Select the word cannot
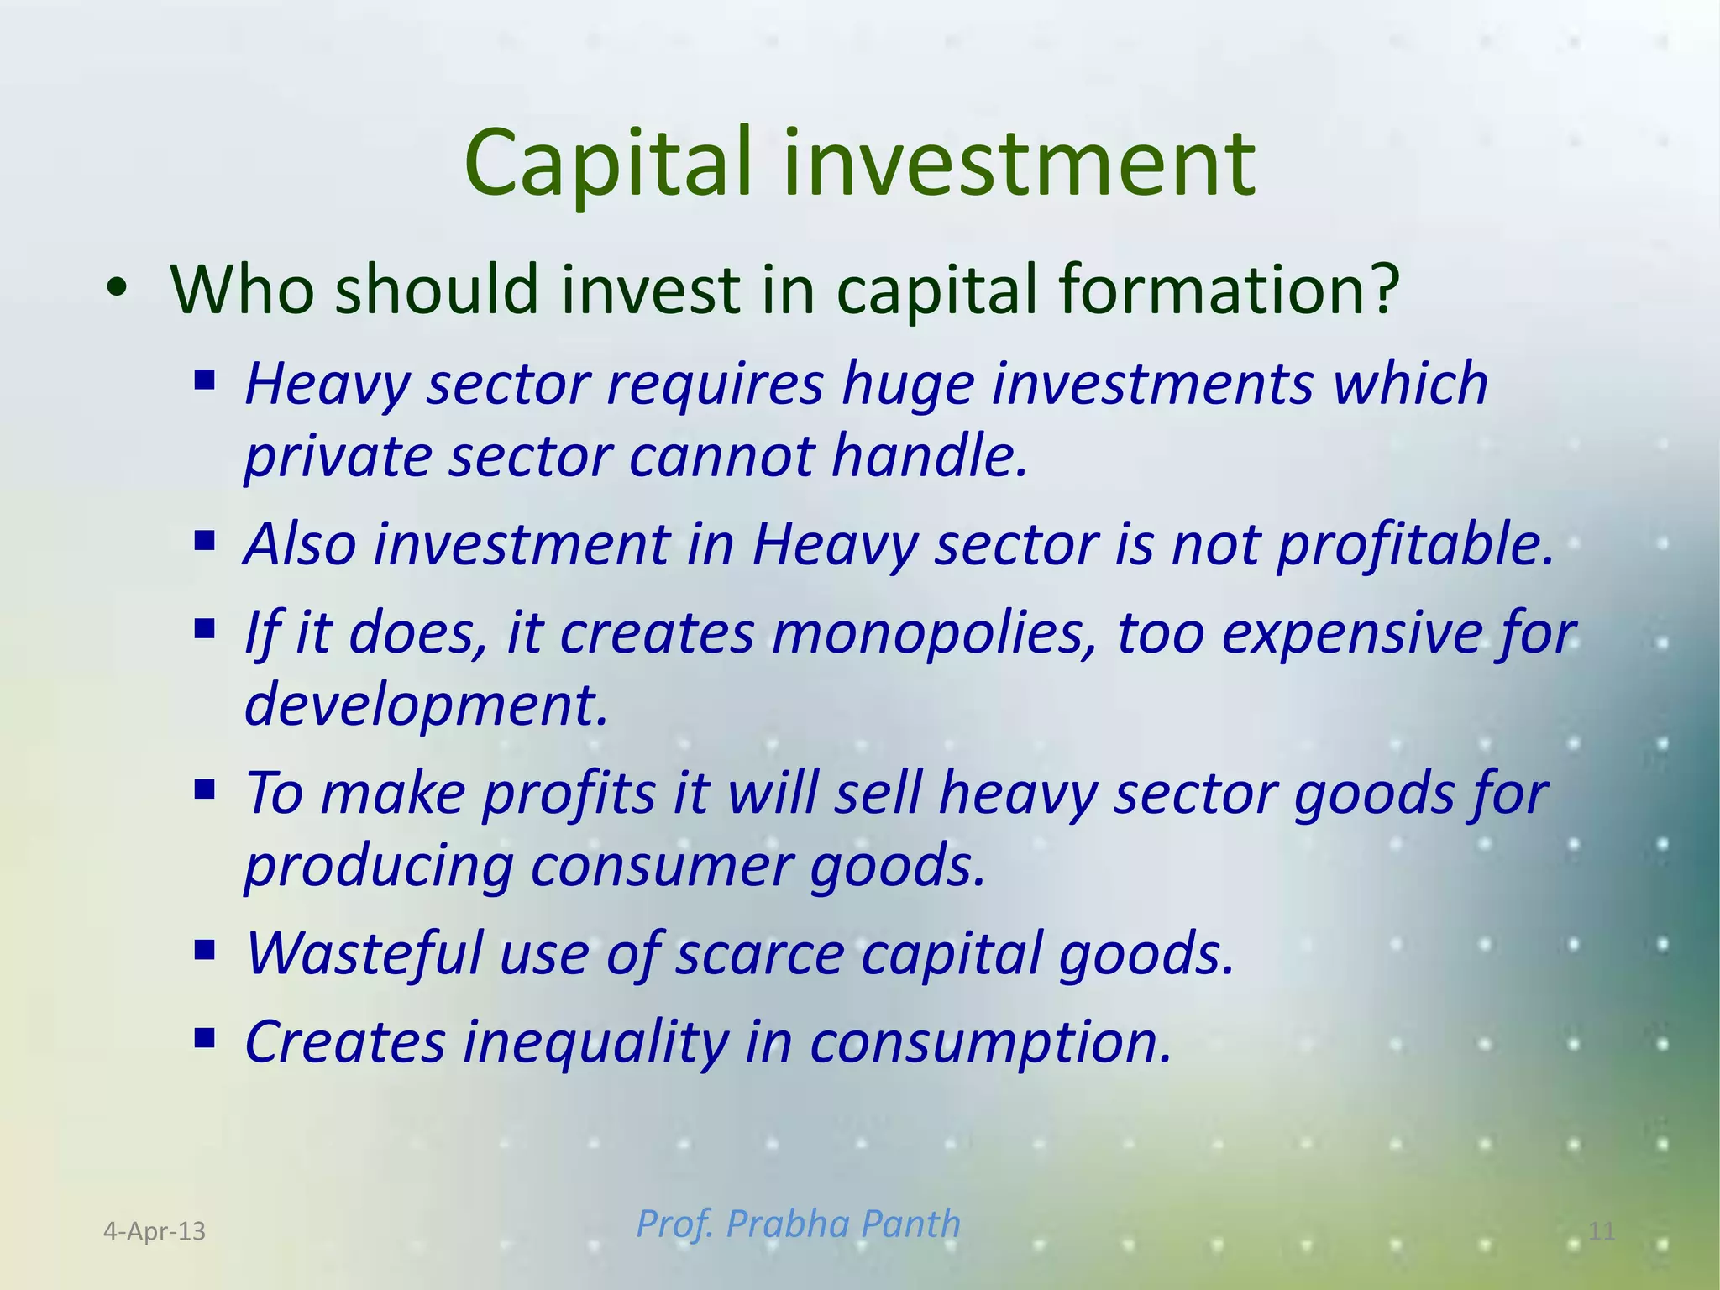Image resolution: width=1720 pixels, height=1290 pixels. [721, 457]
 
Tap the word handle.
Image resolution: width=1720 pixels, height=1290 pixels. [931, 457]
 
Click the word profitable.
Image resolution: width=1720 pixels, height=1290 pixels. [1416, 546]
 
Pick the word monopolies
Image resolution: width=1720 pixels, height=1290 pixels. [935, 633]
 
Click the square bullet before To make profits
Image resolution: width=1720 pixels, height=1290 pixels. [204, 789]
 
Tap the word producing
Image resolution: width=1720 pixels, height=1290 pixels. [379, 867]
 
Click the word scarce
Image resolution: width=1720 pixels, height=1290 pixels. [760, 954]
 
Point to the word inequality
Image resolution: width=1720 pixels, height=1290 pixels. [595, 1042]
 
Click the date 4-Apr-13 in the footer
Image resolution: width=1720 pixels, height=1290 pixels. [155, 1231]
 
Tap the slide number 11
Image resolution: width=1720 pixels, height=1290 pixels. [1602, 1231]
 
